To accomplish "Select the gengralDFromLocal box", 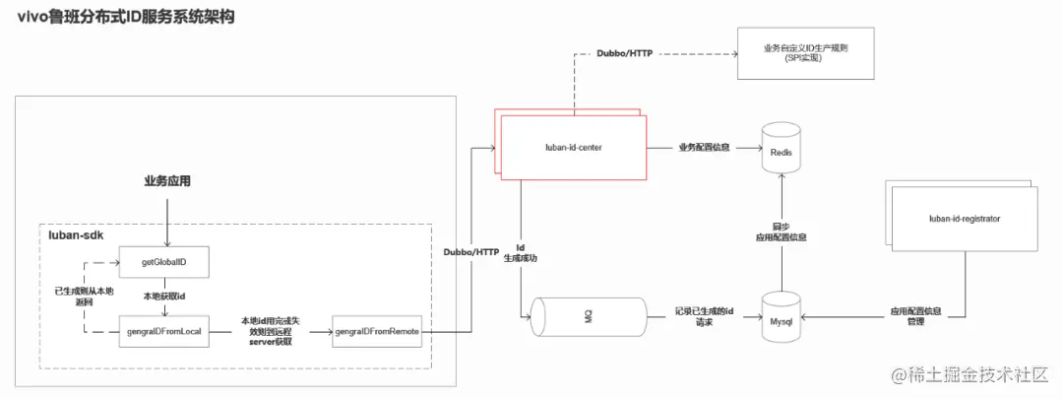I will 165,331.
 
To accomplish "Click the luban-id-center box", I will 574,148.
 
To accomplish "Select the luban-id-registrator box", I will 964,218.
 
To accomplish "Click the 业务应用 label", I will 166,181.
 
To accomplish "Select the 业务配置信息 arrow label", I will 704,148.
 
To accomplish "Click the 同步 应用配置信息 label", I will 782,232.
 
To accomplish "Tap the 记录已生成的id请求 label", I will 706,316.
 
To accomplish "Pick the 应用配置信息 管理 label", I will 915,316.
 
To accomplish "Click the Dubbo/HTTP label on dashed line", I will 627,53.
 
